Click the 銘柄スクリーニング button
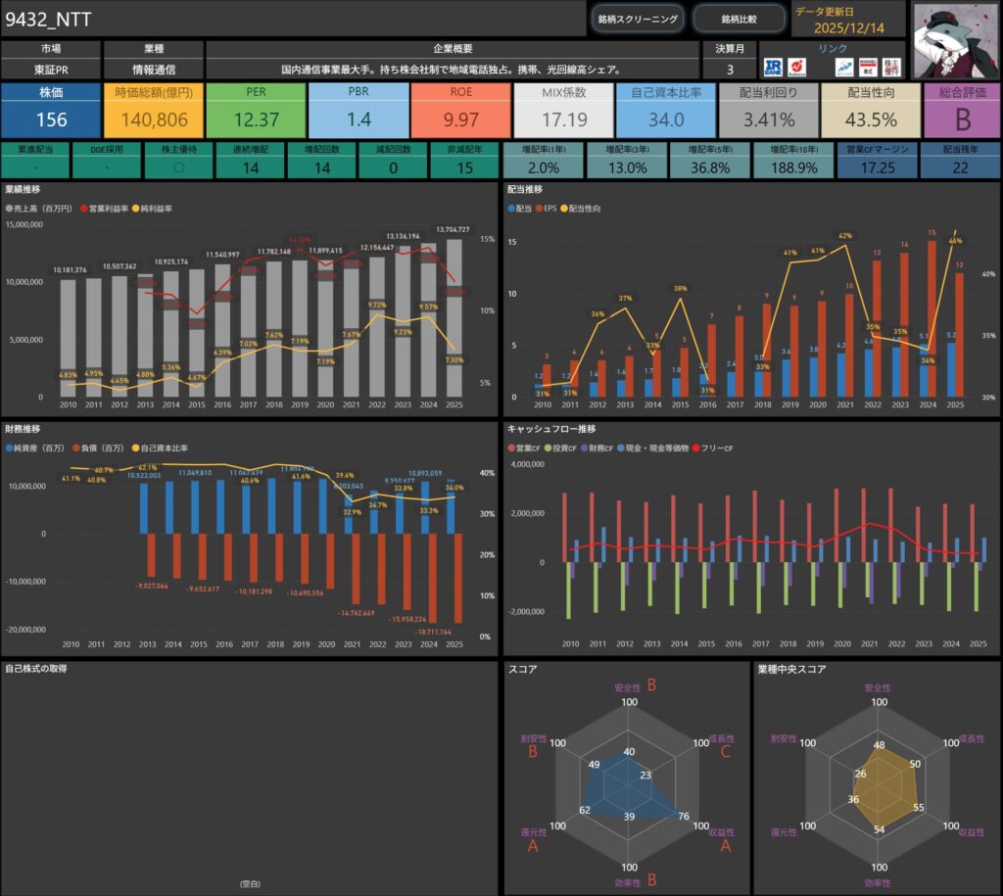point(638,19)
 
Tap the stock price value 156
point(51,119)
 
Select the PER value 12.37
point(257,119)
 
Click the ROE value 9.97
point(461,119)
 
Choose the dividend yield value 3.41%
point(769,119)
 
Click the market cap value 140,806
point(153,119)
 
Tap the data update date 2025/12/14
point(848,27)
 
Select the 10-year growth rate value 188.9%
point(794,167)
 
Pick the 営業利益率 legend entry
point(110,209)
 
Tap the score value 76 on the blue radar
point(683,817)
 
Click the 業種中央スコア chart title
point(791,670)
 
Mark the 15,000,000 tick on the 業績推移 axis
point(29,225)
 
